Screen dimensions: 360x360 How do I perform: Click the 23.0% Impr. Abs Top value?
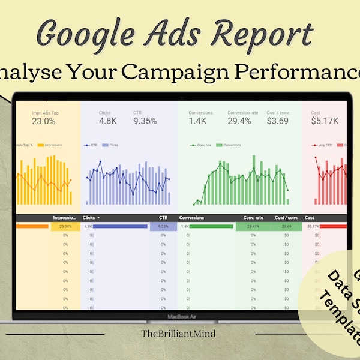44,121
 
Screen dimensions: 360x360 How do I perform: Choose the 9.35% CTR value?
145,121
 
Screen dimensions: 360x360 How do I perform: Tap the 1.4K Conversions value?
198,121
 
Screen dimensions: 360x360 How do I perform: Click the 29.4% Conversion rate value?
239,121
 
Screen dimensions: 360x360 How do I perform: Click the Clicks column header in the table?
89,218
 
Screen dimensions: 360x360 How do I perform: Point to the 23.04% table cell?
62,226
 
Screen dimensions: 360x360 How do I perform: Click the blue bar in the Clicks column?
120,226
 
